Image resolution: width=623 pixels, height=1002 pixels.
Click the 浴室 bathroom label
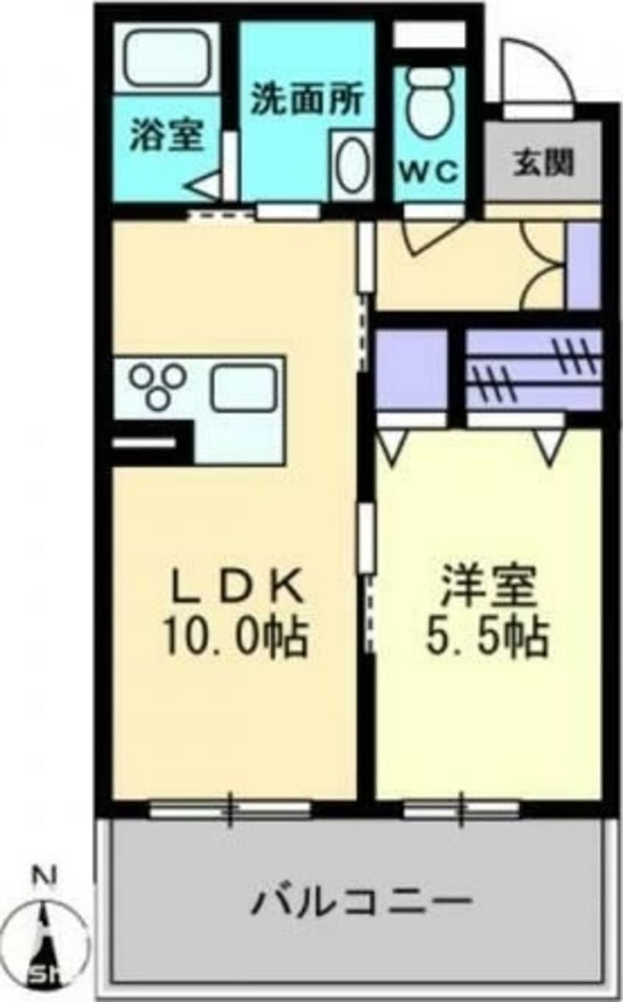click(166, 136)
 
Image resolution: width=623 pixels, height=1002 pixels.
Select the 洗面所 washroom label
click(307, 100)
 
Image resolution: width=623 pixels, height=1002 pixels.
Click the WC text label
click(429, 172)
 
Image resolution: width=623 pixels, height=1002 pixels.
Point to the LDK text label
click(236, 589)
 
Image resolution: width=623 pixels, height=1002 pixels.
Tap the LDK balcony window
click(230, 810)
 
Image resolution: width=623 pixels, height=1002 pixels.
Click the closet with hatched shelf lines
click(534, 370)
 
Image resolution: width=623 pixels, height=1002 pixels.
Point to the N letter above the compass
click(46, 877)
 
